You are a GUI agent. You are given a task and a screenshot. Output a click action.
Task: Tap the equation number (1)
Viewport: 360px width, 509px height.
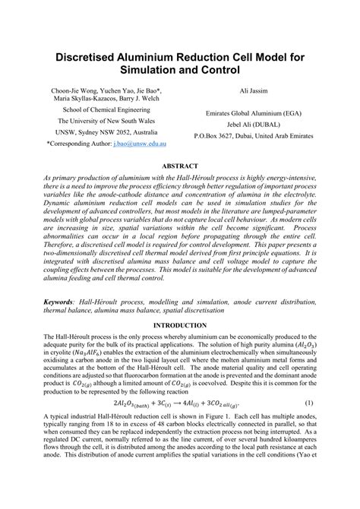pos(309,401)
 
